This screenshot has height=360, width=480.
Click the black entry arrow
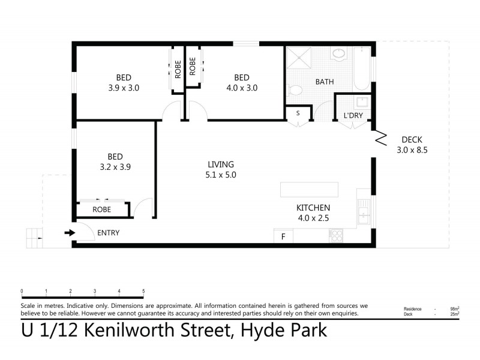[x=70, y=233]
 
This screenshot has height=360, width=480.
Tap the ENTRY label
[x=109, y=233]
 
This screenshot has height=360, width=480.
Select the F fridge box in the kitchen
[x=283, y=237]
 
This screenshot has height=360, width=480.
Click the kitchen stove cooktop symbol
[x=336, y=236]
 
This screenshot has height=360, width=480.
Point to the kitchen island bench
[x=309, y=190]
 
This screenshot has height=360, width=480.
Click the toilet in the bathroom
[x=294, y=91]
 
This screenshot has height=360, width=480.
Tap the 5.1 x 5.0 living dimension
[x=221, y=175]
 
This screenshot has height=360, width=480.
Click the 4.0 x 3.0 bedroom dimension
[x=242, y=88]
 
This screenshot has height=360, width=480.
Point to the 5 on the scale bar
[x=143, y=291]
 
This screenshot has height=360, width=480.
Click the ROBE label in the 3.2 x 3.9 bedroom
[x=101, y=210]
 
